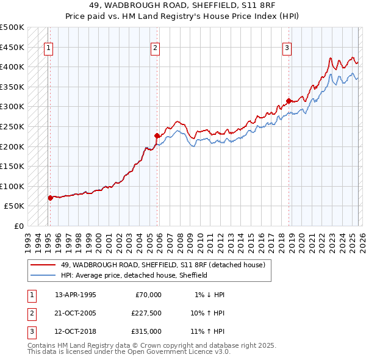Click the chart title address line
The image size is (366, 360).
click(183, 5)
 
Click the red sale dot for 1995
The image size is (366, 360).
click(50, 198)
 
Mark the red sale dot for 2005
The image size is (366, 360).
click(157, 135)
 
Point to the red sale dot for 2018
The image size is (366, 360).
click(289, 101)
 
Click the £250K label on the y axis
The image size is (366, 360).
click(12, 126)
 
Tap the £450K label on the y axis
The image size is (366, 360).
click(12, 47)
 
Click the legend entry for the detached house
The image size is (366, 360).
click(163, 265)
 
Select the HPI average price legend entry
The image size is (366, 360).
click(134, 275)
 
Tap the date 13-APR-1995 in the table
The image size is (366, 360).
click(76, 295)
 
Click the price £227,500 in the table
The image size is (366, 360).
click(146, 313)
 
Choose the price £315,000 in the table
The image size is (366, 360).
click(146, 331)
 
